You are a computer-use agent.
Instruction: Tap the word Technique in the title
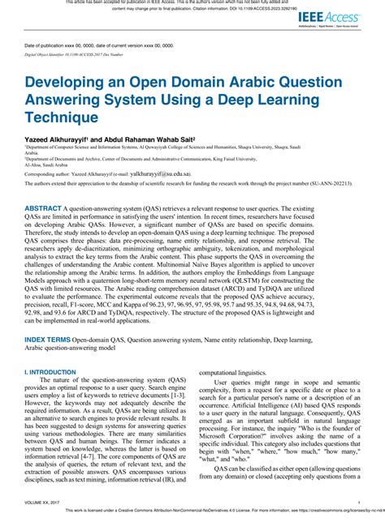61,117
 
